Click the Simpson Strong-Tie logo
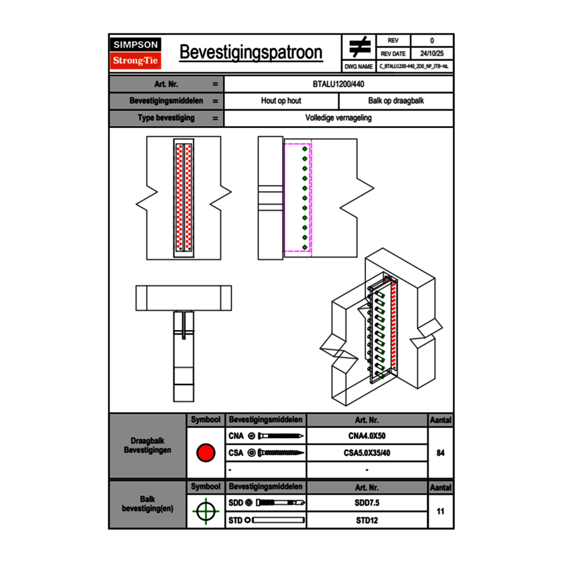136,53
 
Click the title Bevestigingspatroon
251,52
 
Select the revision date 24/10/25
432,54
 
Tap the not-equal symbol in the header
359,47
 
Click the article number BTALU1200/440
339,84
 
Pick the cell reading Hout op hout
281,101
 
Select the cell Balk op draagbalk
396,101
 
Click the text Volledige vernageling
338,118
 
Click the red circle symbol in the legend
205,453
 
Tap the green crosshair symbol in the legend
205,511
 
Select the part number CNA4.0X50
367,436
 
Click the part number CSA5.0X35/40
367,453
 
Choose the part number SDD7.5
367,503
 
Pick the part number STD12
367,520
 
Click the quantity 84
440,453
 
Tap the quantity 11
440,511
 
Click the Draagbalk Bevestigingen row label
148,446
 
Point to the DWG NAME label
358,66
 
